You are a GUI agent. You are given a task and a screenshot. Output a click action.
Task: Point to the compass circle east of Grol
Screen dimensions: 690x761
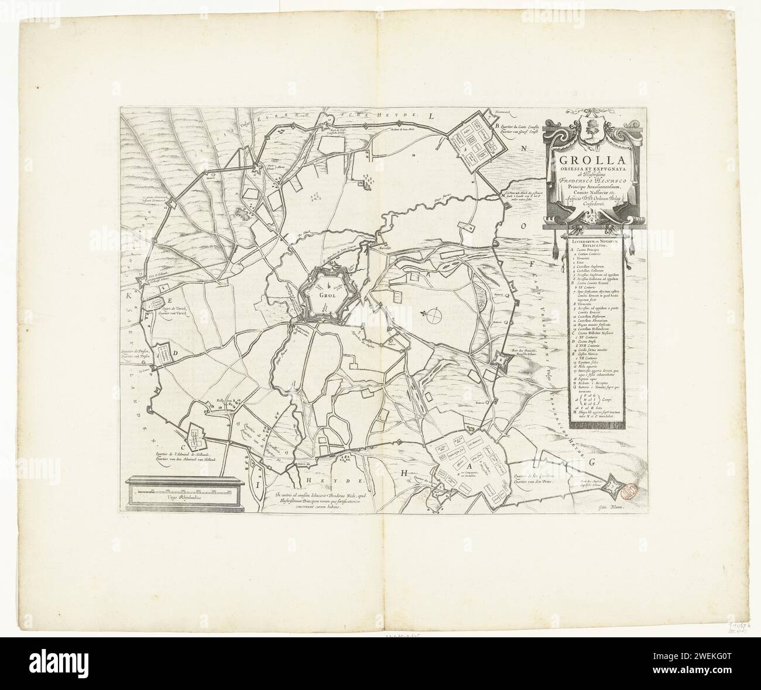(433, 316)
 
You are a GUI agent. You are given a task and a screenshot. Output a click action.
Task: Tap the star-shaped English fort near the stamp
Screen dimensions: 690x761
(612, 485)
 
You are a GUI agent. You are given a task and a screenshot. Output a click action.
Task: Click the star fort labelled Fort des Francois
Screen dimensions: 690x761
(502, 360)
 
